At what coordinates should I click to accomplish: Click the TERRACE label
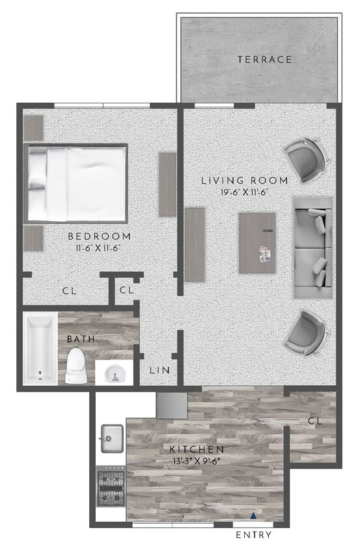click(x=264, y=59)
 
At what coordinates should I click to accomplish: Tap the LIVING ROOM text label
click(x=244, y=180)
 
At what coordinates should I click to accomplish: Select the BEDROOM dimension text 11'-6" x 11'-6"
click(x=99, y=248)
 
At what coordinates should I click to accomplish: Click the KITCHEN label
click(x=197, y=449)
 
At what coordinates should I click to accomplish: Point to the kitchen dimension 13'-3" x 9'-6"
click(x=197, y=461)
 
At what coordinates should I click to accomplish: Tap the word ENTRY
click(x=253, y=535)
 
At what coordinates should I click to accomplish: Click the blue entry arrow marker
click(x=254, y=516)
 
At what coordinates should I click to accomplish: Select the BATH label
click(x=81, y=339)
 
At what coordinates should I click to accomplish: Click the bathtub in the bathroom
click(x=40, y=349)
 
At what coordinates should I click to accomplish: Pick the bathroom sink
click(x=114, y=373)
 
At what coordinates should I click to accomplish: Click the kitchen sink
click(x=112, y=437)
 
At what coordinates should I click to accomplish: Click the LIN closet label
click(x=159, y=370)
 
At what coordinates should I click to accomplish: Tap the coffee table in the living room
click(x=257, y=243)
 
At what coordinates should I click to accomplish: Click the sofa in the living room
click(x=312, y=247)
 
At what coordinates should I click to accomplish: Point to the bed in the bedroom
click(x=77, y=183)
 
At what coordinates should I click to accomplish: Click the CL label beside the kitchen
click(x=315, y=421)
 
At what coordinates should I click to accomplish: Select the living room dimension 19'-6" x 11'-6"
click(x=244, y=193)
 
